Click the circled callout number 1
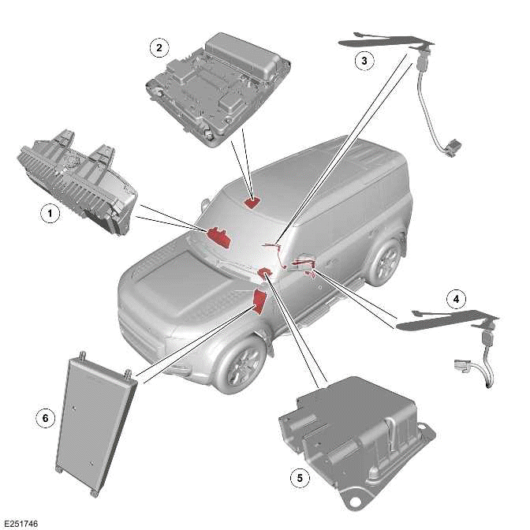point(49,213)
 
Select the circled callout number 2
point(159,48)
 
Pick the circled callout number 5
point(297,477)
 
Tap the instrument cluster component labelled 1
point(75,177)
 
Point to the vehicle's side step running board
point(327,308)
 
